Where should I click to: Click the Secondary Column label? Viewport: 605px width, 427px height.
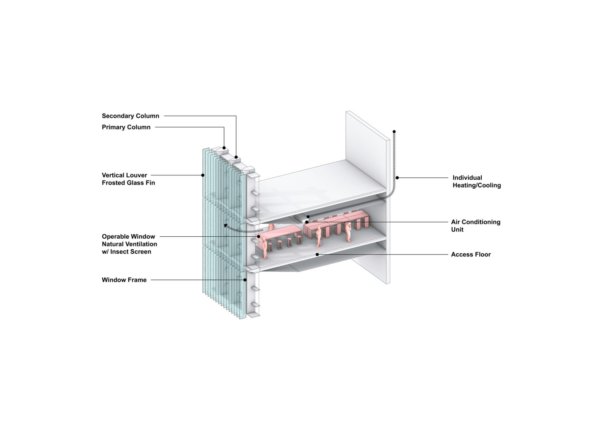130,116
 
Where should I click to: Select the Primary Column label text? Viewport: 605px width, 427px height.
126,127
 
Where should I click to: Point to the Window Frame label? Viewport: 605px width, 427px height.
124,280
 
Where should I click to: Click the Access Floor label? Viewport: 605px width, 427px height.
471,254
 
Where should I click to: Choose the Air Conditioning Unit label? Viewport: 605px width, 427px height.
475,226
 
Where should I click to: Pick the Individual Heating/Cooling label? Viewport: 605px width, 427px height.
477,181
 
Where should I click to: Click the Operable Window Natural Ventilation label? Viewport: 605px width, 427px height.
129,244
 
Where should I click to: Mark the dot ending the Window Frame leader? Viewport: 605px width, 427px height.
245,280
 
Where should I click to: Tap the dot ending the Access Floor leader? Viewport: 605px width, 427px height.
317,254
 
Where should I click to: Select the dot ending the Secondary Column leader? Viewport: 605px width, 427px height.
236,157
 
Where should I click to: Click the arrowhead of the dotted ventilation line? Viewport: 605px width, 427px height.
225,226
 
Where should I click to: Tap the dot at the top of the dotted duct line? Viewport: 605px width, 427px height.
394,131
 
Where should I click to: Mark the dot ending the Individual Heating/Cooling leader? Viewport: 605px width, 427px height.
397,178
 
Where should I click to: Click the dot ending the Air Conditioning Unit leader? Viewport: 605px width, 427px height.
306,222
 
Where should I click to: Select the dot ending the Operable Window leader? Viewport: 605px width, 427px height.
259,237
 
